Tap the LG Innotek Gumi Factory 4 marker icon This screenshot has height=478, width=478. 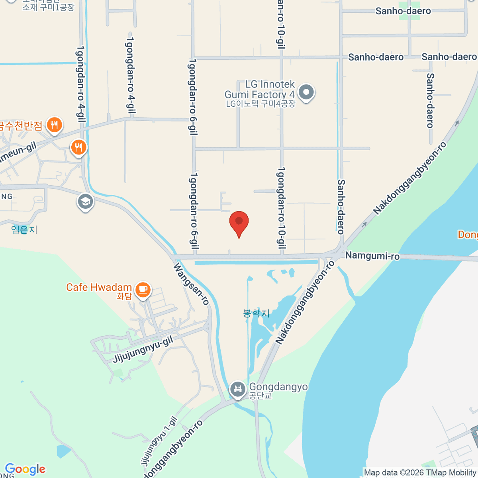tap(306, 92)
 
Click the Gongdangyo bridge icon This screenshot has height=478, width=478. tap(238, 389)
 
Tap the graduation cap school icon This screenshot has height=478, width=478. tap(85, 202)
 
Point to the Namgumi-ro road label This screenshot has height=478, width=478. tap(372, 255)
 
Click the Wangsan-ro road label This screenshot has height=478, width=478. tap(191, 284)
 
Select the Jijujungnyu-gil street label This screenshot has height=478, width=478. tap(143, 349)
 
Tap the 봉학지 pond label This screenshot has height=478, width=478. tap(256, 313)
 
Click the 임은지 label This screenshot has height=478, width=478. tap(24, 229)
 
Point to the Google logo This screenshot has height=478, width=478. tap(25, 469)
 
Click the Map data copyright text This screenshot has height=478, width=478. tap(420, 473)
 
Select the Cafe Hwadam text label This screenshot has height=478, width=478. tap(99, 287)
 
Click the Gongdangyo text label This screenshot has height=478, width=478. tap(278, 387)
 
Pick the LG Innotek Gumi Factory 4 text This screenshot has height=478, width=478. tap(260, 90)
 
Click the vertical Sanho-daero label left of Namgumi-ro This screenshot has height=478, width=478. tap(341, 206)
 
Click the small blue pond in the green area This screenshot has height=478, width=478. tap(63, 451)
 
